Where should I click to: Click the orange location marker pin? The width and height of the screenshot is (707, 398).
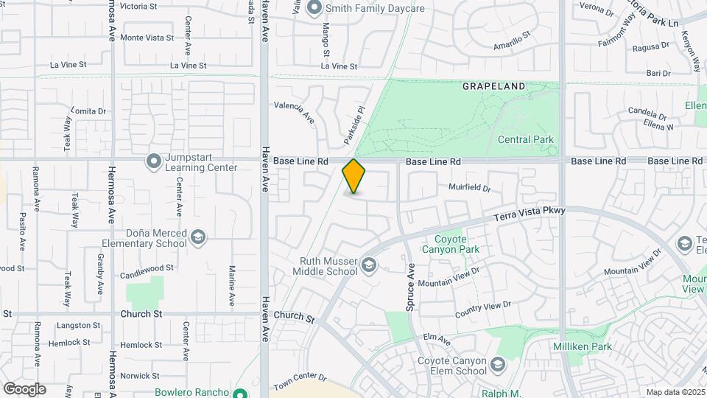[353, 176]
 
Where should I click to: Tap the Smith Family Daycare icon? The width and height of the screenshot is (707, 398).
[314, 8]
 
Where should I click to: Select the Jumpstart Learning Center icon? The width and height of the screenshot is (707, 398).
[153, 161]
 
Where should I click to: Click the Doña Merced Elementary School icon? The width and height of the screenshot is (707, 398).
[197, 237]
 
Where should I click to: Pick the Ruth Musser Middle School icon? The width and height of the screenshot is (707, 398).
[368, 265]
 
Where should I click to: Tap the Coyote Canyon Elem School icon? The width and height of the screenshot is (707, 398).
[498, 365]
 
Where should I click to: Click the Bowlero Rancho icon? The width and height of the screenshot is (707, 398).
[239, 392]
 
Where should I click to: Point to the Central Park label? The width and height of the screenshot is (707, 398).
[525, 139]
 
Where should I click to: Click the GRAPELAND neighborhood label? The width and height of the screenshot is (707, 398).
[494, 86]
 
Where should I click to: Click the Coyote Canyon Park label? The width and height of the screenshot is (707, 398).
[457, 244]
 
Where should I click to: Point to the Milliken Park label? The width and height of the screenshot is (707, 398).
[583, 346]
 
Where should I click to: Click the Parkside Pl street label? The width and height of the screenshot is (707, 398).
[354, 125]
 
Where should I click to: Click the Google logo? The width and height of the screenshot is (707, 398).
[24, 388]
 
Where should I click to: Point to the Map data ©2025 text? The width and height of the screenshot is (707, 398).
[675, 392]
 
